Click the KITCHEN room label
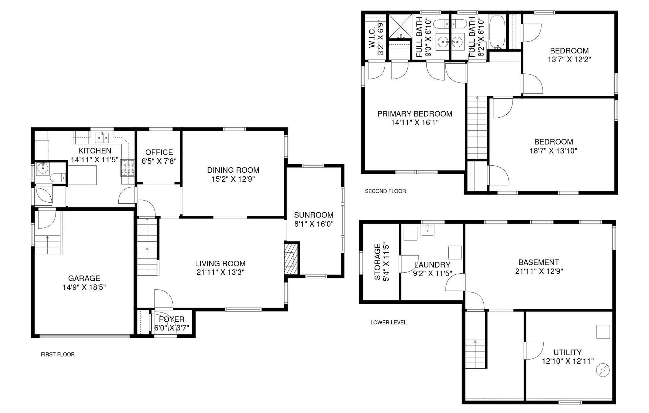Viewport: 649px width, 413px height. (95, 151)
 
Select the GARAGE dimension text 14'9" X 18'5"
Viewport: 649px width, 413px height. (84, 287)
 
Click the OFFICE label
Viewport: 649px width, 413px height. (159, 152)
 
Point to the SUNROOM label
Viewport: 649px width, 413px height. (314, 215)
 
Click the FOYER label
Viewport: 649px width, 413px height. (172, 319)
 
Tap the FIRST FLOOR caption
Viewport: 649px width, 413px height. (58, 354)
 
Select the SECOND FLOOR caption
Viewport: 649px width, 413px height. (385, 191)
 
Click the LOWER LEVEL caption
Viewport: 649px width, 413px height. (388, 322)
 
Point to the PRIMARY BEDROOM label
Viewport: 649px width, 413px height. (415, 114)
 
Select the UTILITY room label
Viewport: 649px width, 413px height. (568, 352)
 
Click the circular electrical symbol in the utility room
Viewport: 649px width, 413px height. (602, 370)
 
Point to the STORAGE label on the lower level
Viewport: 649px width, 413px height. (378, 262)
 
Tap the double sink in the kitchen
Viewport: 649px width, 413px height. (101, 137)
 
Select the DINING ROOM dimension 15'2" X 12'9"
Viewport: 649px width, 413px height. (233, 179)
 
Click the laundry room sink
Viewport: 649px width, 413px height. (428, 230)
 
